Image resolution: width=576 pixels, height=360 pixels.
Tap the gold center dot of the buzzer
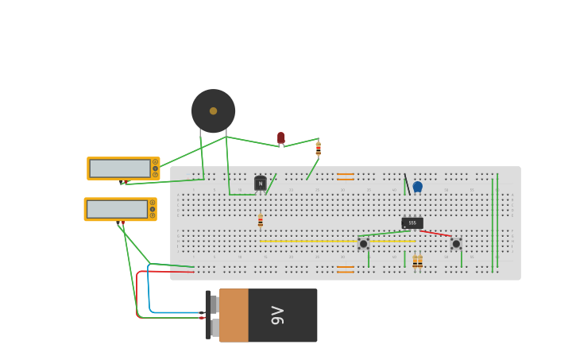pos(213,111)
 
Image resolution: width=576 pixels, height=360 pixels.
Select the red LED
pos(281,138)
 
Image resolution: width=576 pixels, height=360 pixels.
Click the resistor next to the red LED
pos(319,148)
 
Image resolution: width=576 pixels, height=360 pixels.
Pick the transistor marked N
pos(261,184)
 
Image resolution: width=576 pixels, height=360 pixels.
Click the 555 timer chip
pos(412,223)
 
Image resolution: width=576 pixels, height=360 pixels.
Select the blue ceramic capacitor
pos(418,187)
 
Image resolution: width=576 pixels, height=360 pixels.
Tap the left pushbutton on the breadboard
pos(363,244)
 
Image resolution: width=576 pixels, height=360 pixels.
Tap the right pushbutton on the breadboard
pos(456,244)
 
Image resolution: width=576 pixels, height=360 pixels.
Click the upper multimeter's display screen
pos(120,168)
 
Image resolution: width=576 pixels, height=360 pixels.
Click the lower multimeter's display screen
pos(117,209)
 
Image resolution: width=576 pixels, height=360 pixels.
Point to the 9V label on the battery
pos(277,315)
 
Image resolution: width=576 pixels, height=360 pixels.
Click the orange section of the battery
pos(234,315)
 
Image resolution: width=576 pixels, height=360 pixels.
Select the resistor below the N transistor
pos(261,221)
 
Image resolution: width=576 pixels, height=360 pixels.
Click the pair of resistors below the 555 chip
pos(417,261)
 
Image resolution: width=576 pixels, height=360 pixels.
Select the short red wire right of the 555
pos(436,234)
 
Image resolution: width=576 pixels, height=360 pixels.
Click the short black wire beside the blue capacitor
pos(406,184)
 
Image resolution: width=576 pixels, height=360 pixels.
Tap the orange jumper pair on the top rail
pos(346,176)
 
